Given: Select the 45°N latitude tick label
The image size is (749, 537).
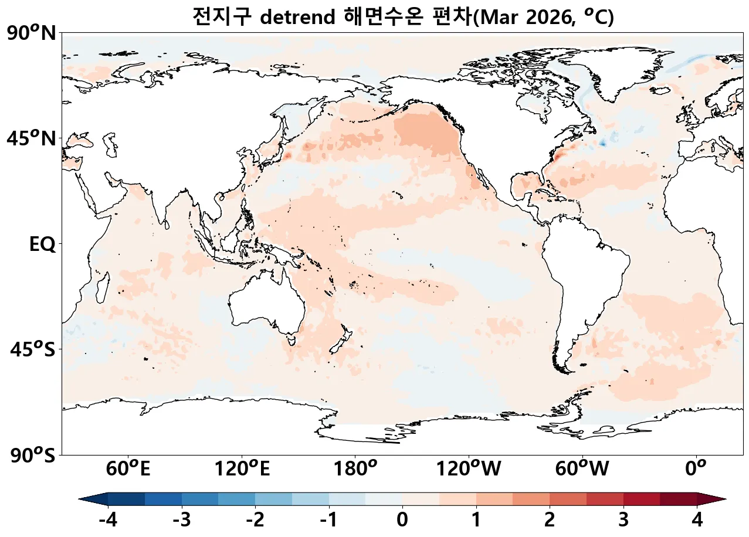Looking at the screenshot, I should coord(32,139).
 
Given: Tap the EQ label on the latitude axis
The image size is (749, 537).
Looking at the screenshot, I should coord(42,244).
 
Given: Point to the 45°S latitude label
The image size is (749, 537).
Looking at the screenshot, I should coord(33,350).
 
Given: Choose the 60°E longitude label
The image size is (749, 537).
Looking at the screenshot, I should coord(128,469).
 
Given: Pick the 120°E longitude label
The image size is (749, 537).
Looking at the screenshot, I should coord(242,469).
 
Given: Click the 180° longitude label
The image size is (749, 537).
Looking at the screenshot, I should coord(355,469).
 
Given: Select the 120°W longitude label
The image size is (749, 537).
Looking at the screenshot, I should coord(468,469).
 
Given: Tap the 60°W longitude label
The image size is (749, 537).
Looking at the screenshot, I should coord(582,469).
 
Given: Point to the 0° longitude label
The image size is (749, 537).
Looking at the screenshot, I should coord(696,469).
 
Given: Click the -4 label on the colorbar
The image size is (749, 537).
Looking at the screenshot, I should coord(108,519).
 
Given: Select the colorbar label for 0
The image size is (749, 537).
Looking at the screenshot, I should coord(402,519).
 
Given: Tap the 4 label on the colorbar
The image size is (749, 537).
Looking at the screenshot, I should coord(697,519).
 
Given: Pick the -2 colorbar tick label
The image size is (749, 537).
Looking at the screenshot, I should coord(255,519).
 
